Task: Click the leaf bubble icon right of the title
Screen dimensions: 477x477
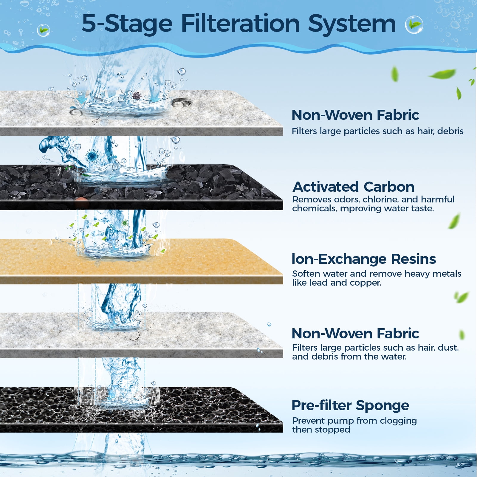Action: [414, 24]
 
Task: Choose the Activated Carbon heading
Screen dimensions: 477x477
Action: [354, 187]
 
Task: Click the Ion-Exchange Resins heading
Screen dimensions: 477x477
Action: [364, 259]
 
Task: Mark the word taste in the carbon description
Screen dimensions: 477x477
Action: [423, 208]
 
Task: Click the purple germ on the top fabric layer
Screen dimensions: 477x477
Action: [137, 96]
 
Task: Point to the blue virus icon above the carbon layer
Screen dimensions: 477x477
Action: [92, 156]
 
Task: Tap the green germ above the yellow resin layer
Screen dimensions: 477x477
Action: [125, 222]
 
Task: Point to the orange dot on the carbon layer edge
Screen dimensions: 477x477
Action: [81, 202]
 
